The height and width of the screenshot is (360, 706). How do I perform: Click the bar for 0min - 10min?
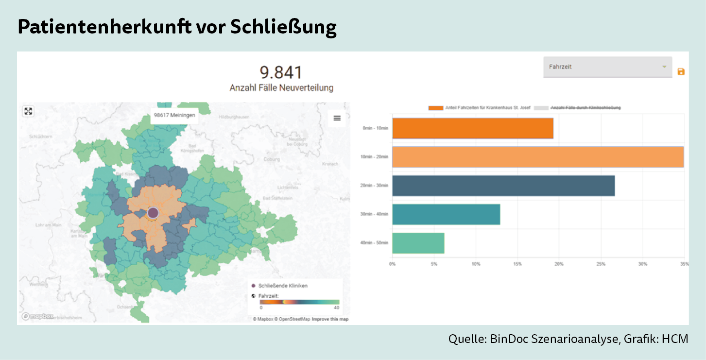(x=472, y=128)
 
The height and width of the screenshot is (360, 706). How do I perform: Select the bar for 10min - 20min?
(x=537, y=157)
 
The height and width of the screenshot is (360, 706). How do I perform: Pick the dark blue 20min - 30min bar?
(x=503, y=186)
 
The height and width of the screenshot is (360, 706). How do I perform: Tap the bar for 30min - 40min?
(x=446, y=214)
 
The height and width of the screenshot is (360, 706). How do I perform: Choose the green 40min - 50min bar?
(x=418, y=243)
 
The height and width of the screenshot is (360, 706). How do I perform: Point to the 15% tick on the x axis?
(x=517, y=264)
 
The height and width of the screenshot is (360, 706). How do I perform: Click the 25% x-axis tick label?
(x=601, y=264)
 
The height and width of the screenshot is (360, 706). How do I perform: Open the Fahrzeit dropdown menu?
(x=607, y=67)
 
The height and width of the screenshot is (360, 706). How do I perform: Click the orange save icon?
(x=681, y=72)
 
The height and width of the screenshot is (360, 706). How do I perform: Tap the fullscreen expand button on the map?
(x=28, y=111)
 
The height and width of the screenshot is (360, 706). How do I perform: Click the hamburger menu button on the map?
(x=337, y=118)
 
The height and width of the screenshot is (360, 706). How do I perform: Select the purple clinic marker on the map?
(x=153, y=213)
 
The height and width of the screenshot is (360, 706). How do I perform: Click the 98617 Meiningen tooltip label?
(x=174, y=116)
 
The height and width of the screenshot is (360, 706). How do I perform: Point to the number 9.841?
(x=281, y=73)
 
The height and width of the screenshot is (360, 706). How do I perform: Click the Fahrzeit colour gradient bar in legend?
(x=299, y=302)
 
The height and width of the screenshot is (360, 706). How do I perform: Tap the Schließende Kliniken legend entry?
(x=283, y=286)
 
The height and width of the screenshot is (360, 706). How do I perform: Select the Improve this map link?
(x=330, y=319)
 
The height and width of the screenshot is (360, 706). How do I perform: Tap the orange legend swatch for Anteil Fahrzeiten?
(x=436, y=107)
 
